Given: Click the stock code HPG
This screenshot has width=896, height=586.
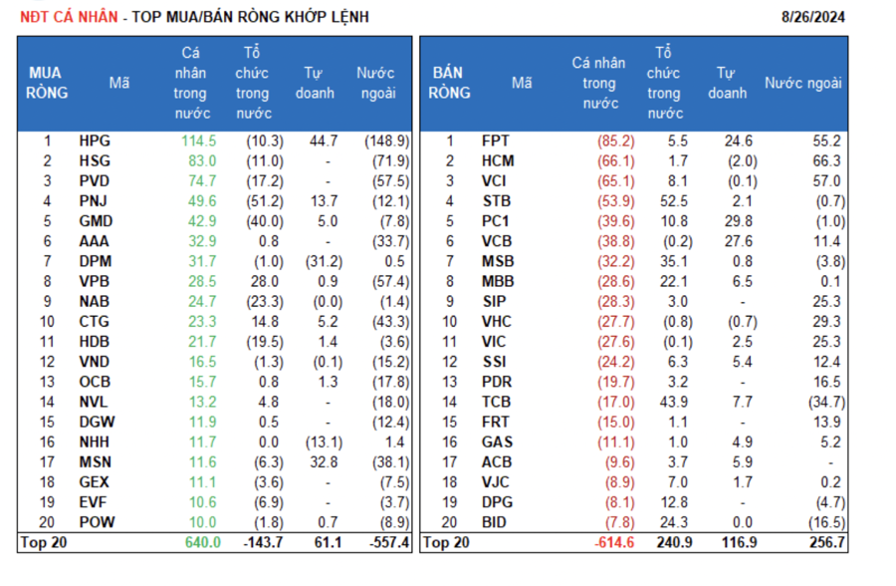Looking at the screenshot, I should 95,142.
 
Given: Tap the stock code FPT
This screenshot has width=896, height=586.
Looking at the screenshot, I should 496,142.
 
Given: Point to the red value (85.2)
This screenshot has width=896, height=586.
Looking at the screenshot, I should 615,142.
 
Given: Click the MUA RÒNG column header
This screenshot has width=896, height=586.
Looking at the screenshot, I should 44,83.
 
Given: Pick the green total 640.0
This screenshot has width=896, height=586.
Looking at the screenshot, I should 199,543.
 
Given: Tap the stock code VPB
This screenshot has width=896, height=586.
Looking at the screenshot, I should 95,282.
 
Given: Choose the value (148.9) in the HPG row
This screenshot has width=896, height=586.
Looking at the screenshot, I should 387,142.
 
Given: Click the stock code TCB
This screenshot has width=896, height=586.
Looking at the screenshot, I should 496,403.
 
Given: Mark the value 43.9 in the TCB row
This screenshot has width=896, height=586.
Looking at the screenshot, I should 672,403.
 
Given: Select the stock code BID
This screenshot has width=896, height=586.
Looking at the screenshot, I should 496,523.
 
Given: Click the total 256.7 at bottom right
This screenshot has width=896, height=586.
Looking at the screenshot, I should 825,543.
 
